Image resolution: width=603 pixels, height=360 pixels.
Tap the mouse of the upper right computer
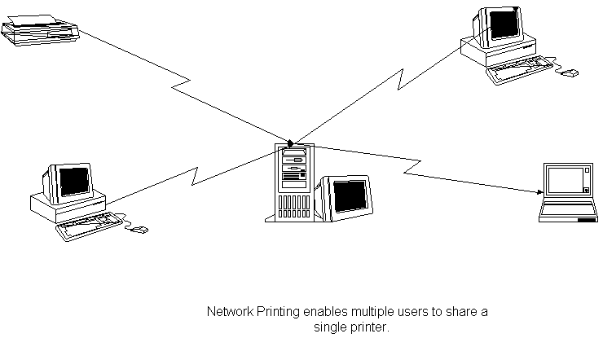[x=570, y=73]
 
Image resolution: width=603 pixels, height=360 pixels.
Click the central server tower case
[x=293, y=183]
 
